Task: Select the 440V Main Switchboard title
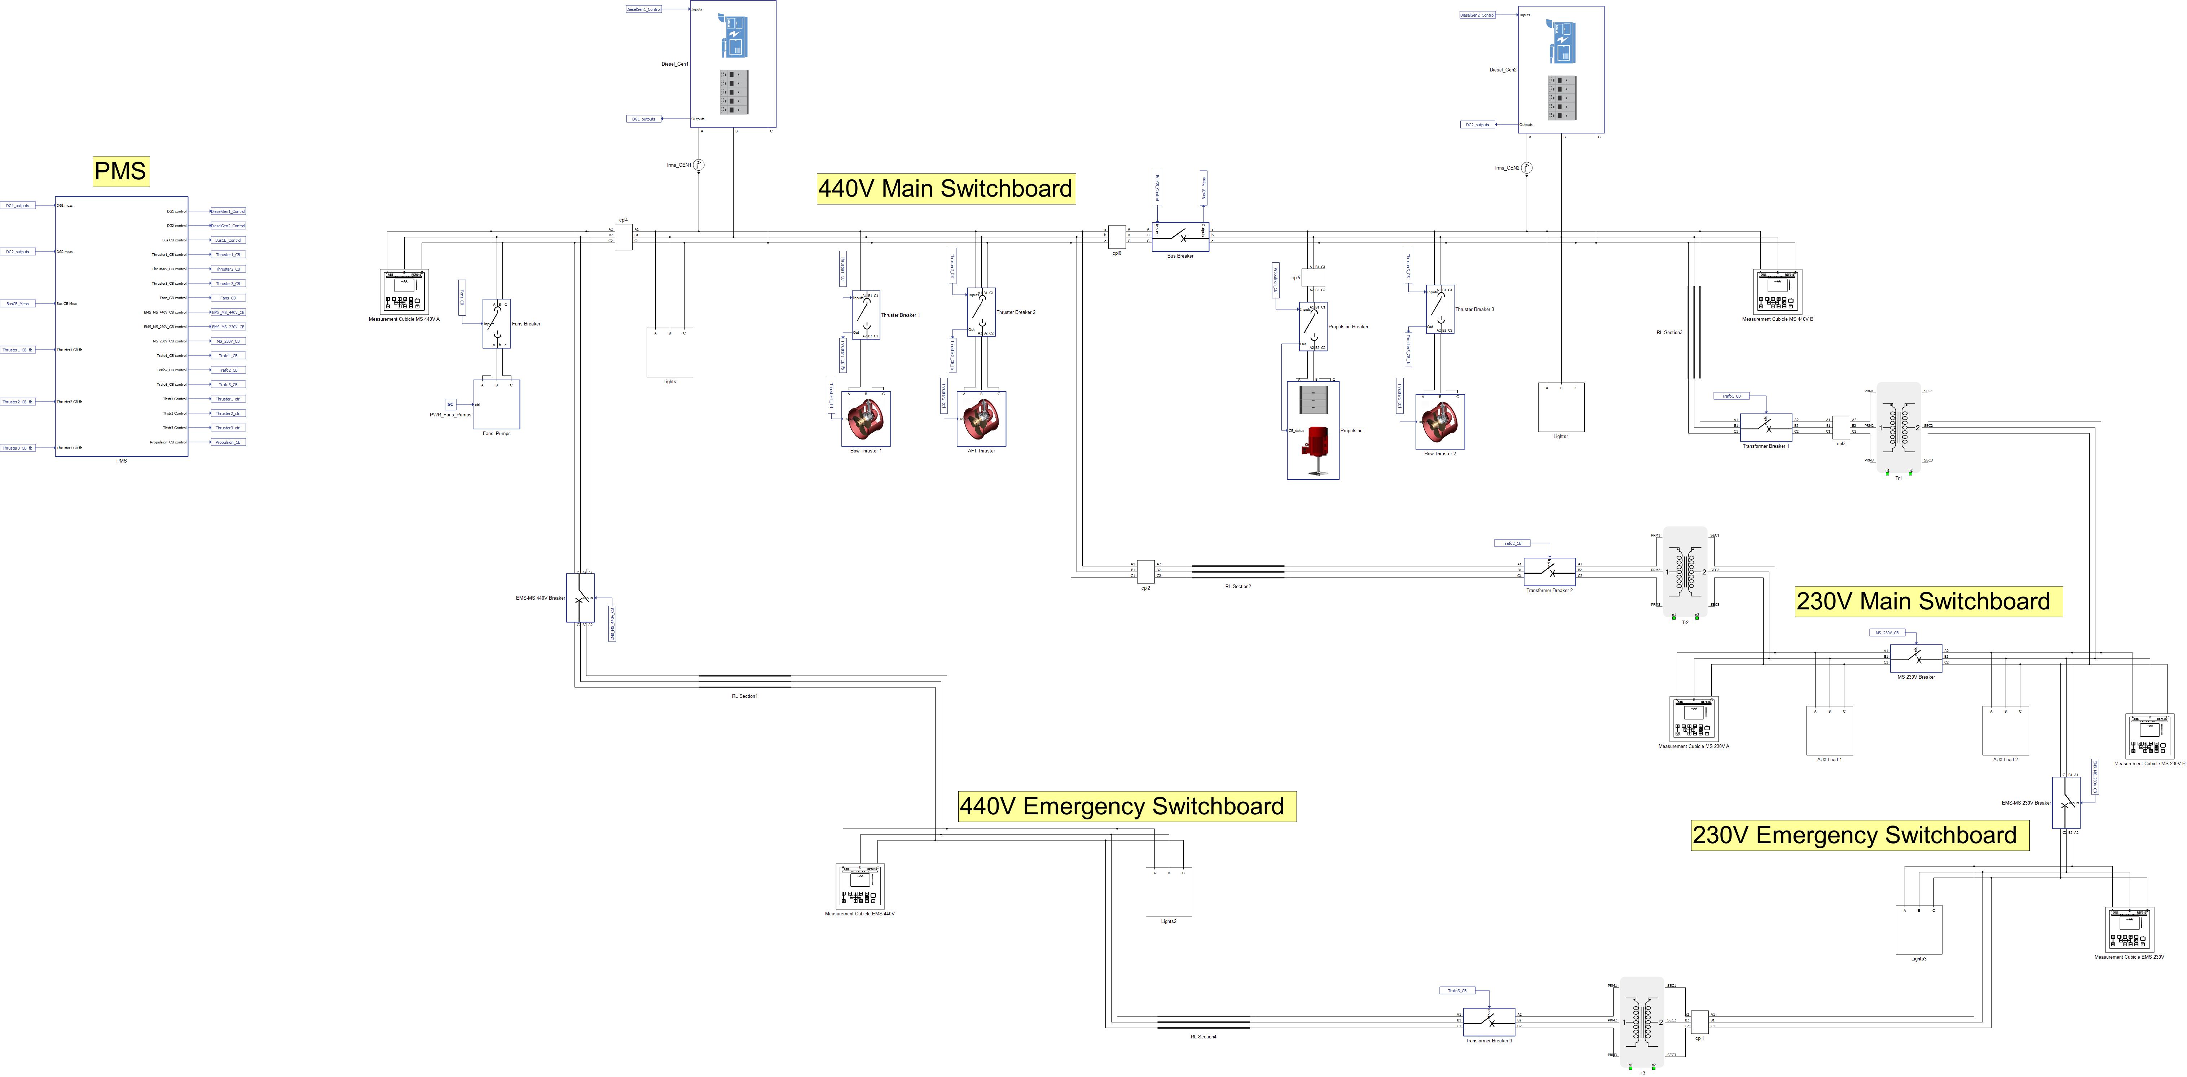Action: [945, 189]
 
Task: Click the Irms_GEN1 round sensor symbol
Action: [699, 165]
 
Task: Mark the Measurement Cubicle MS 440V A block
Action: [404, 291]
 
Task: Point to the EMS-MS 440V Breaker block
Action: [581, 598]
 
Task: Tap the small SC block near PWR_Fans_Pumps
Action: [451, 404]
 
